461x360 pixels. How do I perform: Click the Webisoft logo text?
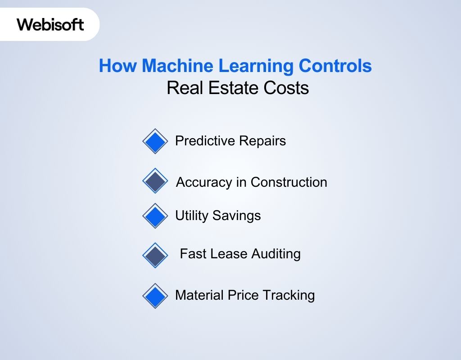click(50, 24)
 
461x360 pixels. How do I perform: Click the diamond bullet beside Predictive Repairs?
click(155, 141)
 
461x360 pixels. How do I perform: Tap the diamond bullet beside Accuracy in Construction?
click(155, 181)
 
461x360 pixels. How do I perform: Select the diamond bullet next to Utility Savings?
click(155, 216)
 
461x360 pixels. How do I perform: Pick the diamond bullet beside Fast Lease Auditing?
click(155, 255)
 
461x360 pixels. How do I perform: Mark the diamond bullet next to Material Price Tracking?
click(155, 296)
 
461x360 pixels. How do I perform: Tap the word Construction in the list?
click(289, 182)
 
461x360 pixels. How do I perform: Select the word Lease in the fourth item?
click(219, 254)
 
